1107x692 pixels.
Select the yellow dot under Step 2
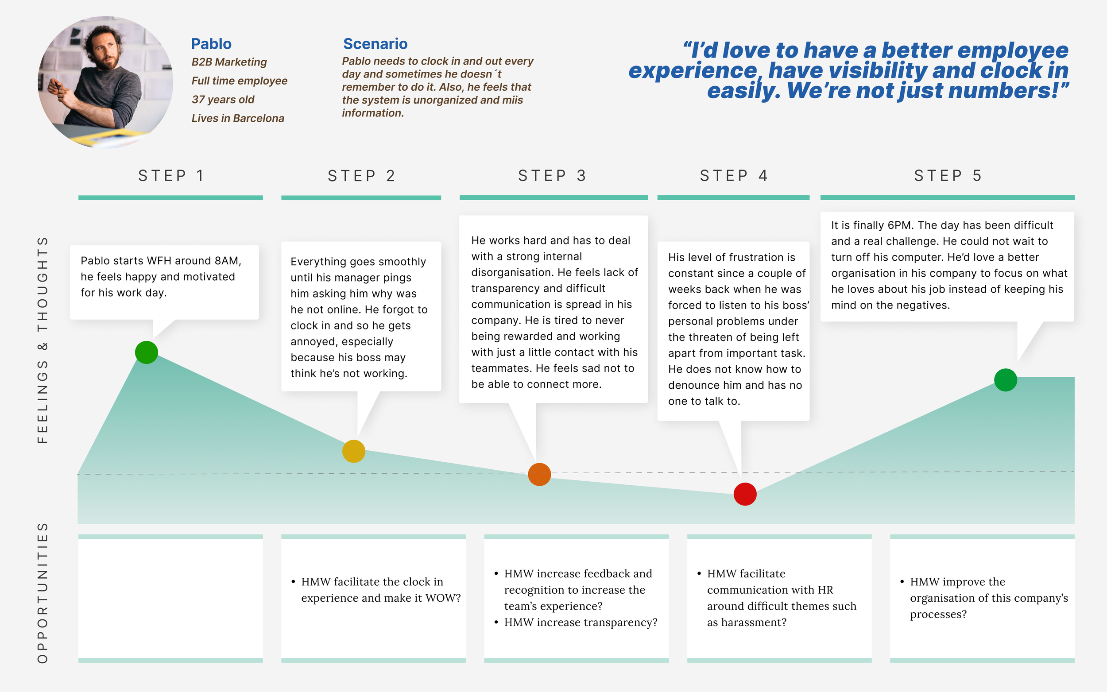[354, 451]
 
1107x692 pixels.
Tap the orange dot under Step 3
[539, 474]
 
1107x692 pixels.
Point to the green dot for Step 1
[147, 352]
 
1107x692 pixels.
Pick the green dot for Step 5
[1006, 380]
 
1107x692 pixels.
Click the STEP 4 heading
[734, 176]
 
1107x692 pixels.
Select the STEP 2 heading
[361, 176]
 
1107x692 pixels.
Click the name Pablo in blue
[211, 44]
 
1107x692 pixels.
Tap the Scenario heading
[375, 44]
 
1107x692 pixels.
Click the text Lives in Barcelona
[237, 119]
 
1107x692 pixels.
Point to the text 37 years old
[223, 100]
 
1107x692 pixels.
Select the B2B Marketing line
[229, 62]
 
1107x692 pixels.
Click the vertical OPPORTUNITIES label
[43, 593]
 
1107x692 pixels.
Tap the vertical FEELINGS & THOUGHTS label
[43, 340]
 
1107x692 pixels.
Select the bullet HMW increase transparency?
[580, 622]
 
